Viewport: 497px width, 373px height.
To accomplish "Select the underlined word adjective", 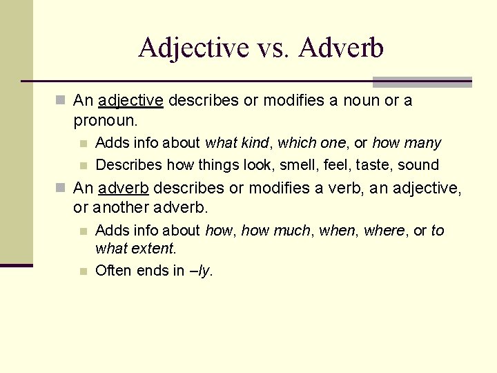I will coord(131,101).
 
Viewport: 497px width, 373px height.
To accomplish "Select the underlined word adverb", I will coord(126,188).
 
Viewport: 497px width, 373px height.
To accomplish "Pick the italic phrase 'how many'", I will coord(407,143).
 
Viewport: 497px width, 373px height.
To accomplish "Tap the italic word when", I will coord(334,231).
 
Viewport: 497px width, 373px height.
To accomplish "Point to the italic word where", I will coord(384,231).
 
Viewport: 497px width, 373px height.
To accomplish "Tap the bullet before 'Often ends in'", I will coord(83,271).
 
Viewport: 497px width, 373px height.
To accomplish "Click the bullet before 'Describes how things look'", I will coord(83,165).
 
